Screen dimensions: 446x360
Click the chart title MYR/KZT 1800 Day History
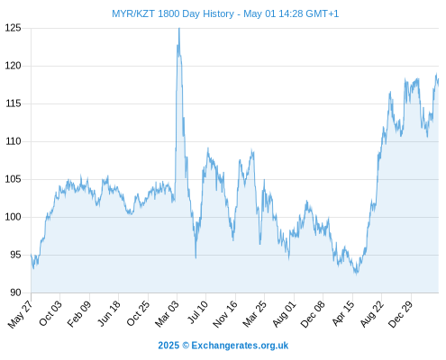[x=173, y=13]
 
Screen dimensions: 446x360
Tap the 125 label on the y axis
[x=14, y=28]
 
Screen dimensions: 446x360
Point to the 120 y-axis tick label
[x=14, y=66]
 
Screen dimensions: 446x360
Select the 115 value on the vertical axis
[x=14, y=103]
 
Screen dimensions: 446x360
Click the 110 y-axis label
[x=14, y=141]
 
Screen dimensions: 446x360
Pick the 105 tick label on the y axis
[x=14, y=179]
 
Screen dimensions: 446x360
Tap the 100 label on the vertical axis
[x=14, y=217]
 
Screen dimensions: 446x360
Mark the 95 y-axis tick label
[x=15, y=255]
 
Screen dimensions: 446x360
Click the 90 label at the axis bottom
[x=15, y=292]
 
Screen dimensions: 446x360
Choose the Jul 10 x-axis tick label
[x=197, y=311]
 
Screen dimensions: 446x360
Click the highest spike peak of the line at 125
[x=179, y=29]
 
